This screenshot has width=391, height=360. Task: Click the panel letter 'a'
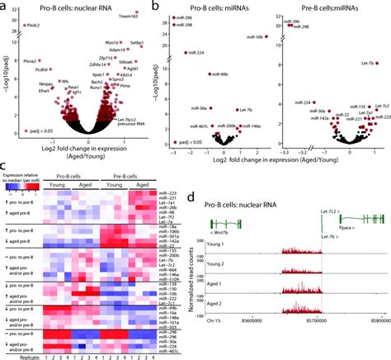pos(4,5)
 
